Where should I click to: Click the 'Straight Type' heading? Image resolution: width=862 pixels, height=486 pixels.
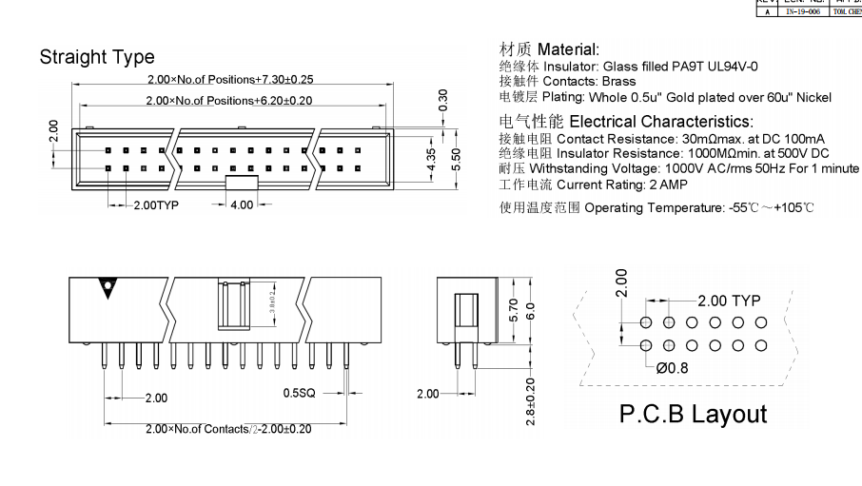click(x=97, y=57)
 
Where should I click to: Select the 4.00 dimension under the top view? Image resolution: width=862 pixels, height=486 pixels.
click(x=243, y=204)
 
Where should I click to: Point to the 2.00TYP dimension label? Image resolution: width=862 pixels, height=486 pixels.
click(x=156, y=204)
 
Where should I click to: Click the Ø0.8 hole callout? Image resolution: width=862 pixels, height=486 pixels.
click(x=674, y=367)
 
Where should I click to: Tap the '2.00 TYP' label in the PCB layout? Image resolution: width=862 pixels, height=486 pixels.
click(x=729, y=301)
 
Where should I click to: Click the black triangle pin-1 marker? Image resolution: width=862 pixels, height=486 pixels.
click(x=110, y=286)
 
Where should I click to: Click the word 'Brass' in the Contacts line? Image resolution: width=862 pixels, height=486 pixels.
click(x=618, y=82)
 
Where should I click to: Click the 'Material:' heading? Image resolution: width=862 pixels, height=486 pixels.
click(x=569, y=49)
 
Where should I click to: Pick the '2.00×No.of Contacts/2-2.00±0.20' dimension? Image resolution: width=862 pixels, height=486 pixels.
click(x=228, y=429)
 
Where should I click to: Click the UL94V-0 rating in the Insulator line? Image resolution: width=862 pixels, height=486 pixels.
click(x=717, y=67)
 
